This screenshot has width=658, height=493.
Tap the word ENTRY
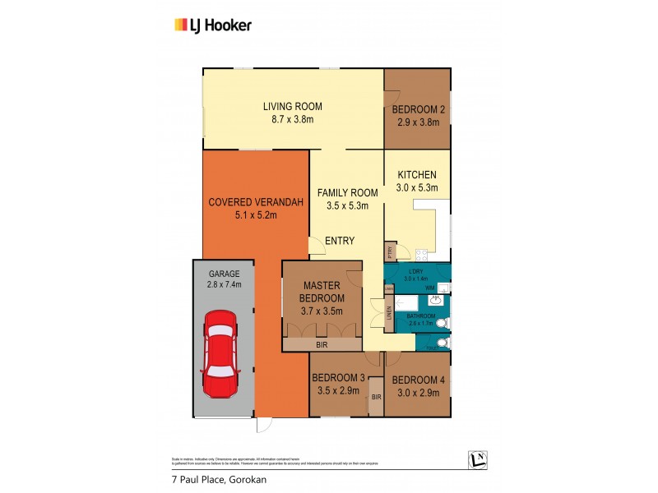click(x=340, y=241)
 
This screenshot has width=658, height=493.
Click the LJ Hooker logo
click(x=212, y=25)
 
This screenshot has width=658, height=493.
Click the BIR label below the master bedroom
click(x=322, y=346)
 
